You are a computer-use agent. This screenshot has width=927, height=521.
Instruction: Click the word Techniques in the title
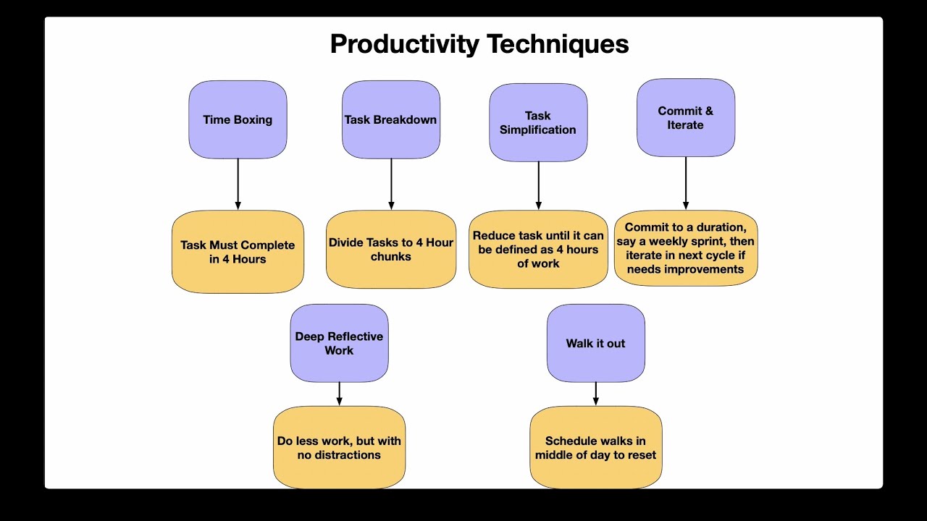point(558,44)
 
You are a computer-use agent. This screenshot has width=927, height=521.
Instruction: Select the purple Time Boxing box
point(238,119)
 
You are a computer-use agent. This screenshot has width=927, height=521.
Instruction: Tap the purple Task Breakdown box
point(391,119)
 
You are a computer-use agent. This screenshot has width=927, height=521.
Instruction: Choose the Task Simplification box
point(538,122)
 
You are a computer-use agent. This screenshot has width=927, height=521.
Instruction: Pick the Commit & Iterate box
point(686,117)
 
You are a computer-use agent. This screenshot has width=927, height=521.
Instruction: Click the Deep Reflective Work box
point(339,343)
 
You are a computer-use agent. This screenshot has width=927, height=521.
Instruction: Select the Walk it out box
point(595,343)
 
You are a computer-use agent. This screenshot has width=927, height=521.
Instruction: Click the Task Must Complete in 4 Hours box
point(238,252)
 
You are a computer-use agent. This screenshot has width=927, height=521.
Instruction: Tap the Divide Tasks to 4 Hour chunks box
point(391,250)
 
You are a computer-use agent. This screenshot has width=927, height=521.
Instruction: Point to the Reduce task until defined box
point(538,250)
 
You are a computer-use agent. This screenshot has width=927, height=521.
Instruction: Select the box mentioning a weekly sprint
point(686,248)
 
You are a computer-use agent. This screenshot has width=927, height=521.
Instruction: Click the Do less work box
point(339,447)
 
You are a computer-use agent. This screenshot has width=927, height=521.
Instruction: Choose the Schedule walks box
point(595,447)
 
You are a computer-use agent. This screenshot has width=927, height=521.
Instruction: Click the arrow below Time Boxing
point(238,185)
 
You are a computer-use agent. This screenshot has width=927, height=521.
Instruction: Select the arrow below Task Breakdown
point(391,185)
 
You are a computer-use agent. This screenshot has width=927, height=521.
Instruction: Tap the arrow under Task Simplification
point(538,186)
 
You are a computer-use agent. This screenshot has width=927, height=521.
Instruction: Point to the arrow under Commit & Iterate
point(686,183)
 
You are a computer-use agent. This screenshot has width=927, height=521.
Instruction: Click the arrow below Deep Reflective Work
point(339,394)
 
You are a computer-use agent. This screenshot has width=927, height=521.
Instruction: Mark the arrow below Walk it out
point(595,394)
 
